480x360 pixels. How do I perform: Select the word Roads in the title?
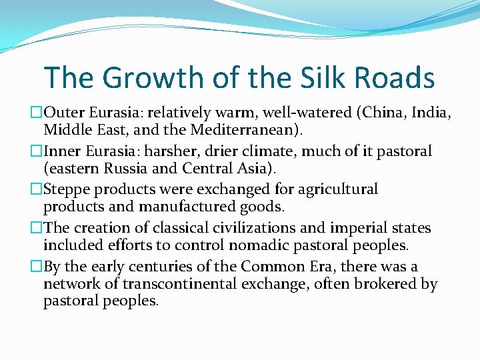394,78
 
